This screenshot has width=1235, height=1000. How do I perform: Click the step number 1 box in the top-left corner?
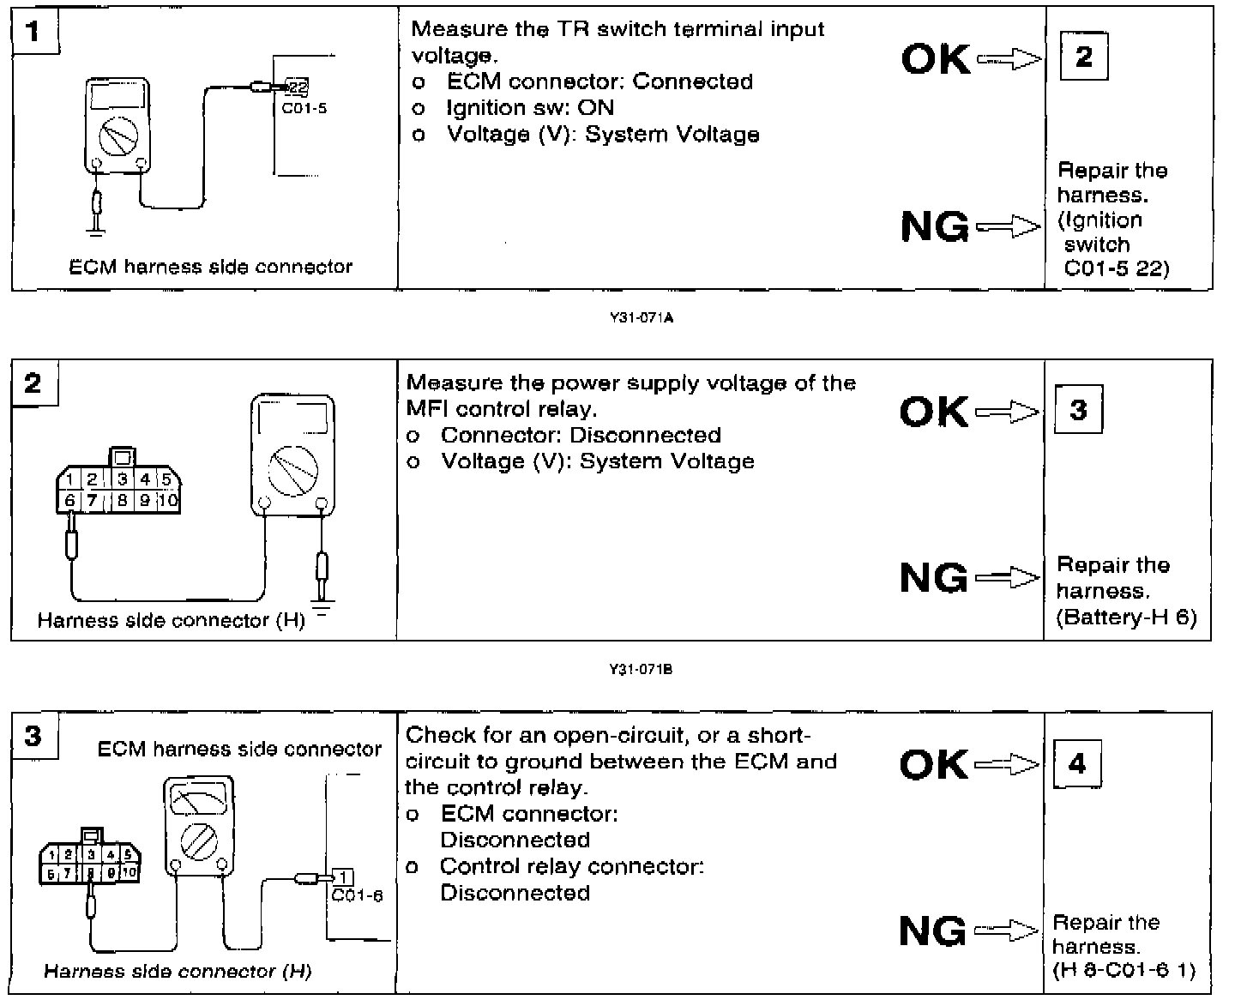[34, 33]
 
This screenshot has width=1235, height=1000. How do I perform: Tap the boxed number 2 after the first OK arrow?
[1083, 57]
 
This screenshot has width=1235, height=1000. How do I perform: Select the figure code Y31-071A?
[641, 318]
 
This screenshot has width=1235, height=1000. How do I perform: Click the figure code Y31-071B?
[641, 670]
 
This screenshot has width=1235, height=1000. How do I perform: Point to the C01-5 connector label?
[304, 108]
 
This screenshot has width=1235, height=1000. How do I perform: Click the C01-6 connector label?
[357, 895]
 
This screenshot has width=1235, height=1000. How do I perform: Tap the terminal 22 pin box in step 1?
[297, 87]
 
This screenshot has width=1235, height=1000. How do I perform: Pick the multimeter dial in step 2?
[292, 471]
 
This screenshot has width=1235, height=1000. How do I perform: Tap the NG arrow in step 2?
[1007, 578]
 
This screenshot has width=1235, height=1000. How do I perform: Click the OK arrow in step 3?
[1007, 763]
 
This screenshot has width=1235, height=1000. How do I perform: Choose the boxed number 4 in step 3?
[1077, 763]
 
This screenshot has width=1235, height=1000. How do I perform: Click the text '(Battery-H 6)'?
[1126, 617]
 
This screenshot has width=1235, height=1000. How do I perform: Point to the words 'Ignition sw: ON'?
[529, 108]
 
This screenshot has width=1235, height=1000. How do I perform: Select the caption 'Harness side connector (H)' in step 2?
[171, 620]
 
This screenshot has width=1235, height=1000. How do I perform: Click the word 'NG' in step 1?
[934, 227]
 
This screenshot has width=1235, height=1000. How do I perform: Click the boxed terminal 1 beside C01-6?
[342, 877]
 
